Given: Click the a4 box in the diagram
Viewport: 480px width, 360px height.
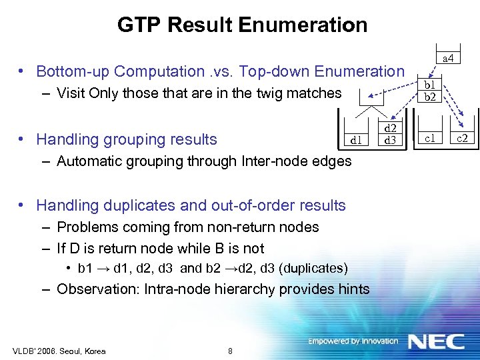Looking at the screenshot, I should click(x=449, y=59).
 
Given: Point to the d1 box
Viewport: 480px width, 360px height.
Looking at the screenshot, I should click(x=357, y=140).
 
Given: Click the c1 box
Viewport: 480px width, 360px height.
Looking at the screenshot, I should click(x=430, y=138).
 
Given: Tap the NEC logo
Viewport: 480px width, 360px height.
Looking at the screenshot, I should click(x=436, y=342).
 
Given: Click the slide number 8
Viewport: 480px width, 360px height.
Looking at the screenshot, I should click(x=230, y=351).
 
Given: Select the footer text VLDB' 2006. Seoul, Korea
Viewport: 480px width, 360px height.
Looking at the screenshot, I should click(x=59, y=351).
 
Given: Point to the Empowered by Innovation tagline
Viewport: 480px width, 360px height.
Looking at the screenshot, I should click(x=353, y=341).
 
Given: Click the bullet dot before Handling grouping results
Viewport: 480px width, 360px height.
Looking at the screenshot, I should click(x=22, y=139).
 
